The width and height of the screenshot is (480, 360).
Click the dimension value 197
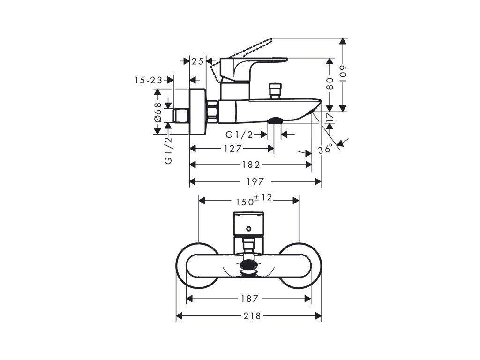click(255, 181)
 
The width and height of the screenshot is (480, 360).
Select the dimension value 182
click(252, 165)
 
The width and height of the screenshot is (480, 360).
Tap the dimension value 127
click(232, 149)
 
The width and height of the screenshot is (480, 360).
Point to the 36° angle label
click(325, 150)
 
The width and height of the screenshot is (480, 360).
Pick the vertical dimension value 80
click(330, 83)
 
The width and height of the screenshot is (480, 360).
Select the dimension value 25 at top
click(198, 61)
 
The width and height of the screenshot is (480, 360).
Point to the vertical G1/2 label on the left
click(168, 149)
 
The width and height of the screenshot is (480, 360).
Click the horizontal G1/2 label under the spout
click(239, 135)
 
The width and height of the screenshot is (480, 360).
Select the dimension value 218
click(252, 316)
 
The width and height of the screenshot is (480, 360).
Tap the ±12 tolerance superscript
click(264, 197)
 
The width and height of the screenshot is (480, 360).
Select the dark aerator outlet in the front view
click(248, 268)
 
